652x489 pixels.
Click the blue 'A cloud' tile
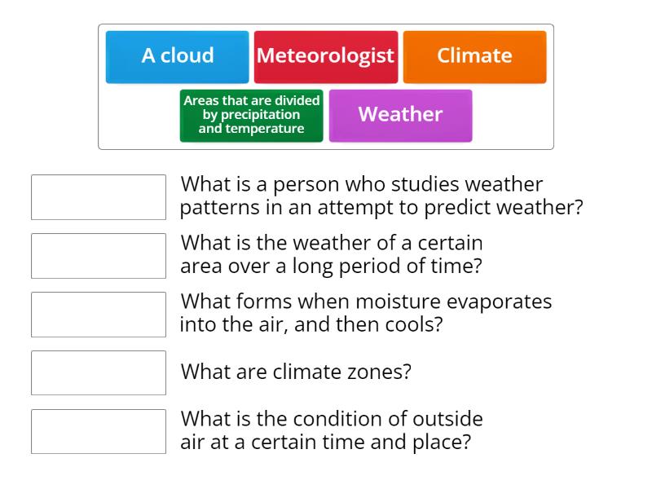click(177, 56)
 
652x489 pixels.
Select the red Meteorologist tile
click(325, 56)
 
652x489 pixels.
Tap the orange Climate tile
click(474, 56)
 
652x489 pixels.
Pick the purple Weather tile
click(400, 115)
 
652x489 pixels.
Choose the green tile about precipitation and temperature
click(251, 115)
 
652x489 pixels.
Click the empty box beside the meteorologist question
click(98, 197)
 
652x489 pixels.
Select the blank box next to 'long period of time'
click(98, 256)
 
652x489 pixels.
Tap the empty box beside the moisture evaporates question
click(98, 315)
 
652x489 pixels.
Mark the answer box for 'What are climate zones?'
click(98, 372)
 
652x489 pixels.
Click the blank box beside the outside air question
click(98, 431)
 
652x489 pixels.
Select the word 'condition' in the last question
click(333, 419)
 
